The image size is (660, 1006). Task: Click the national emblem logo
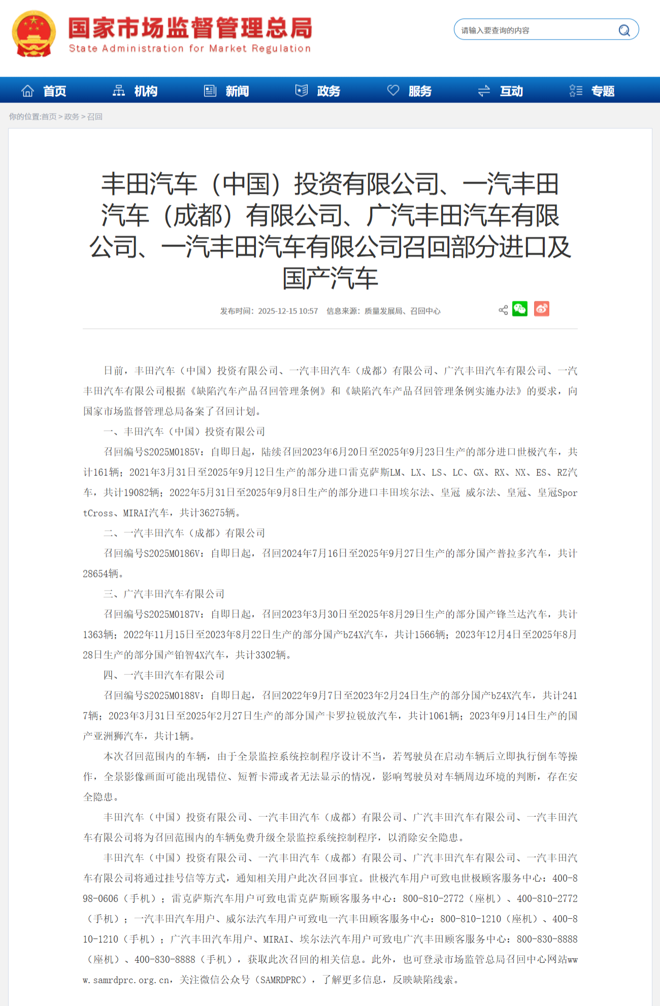tap(34, 33)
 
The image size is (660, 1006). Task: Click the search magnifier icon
tap(624, 30)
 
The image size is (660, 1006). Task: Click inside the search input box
tap(533, 30)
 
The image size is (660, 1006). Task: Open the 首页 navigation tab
tap(44, 91)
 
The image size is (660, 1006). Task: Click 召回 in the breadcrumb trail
tap(95, 117)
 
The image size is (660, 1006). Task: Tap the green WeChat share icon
tap(520, 309)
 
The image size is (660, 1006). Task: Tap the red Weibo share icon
tap(542, 309)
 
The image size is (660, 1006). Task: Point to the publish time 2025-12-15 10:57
tap(288, 311)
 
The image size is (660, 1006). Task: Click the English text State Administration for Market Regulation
tap(189, 49)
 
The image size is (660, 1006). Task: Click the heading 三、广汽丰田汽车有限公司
tap(164, 594)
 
